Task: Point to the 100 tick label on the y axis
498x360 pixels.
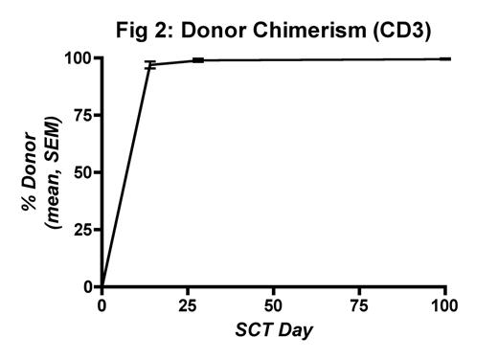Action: pyautogui.click(x=77, y=58)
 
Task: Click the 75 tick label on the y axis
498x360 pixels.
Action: pyautogui.click(x=81, y=116)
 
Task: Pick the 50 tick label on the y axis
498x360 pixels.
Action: pyautogui.click(x=81, y=173)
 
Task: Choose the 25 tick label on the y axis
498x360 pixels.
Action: pyautogui.click(x=81, y=230)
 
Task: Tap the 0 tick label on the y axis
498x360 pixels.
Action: pyautogui.click(x=86, y=286)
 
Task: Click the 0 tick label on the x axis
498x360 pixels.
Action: pyautogui.click(x=102, y=307)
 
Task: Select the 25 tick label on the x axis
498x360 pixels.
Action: pyautogui.click(x=188, y=307)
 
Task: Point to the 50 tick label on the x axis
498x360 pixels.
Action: pyautogui.click(x=274, y=307)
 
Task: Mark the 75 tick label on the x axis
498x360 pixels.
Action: pyautogui.click(x=360, y=307)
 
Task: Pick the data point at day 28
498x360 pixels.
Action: pyautogui.click(x=198, y=60)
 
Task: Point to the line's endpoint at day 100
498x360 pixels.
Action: pyautogui.click(x=445, y=58)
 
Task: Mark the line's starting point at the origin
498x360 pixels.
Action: pyautogui.click(x=102, y=286)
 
